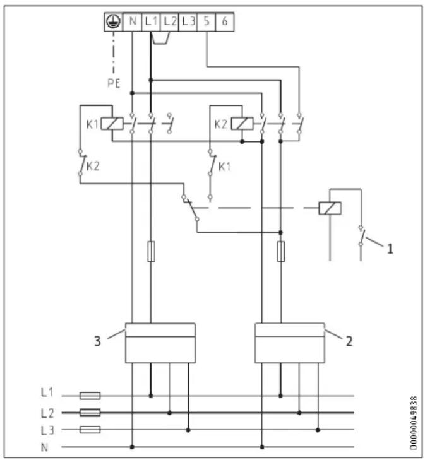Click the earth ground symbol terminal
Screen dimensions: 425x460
tap(113, 21)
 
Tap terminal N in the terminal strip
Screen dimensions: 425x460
tap(132, 21)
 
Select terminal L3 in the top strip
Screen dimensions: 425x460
tap(188, 21)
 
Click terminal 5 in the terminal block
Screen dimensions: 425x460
tap(207, 21)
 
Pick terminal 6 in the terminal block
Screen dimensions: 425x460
tap(225, 21)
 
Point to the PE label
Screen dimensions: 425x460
tap(114, 84)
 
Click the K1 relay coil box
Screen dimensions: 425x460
tap(112, 124)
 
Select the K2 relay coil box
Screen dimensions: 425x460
tap(242, 124)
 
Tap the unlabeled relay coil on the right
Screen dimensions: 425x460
tap(330, 208)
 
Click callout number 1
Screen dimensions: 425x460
tap(390, 249)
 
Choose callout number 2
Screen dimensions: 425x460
tap(349, 341)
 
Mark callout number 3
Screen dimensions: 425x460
tap(97, 341)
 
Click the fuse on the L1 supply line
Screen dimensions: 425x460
tap(90, 396)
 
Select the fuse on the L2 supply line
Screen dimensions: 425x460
tap(90, 413)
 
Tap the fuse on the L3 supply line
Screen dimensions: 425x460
tap(90, 430)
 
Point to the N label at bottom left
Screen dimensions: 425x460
tap(44, 447)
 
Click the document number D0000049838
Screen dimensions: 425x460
tap(414, 423)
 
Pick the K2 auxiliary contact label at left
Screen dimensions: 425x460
tap(93, 167)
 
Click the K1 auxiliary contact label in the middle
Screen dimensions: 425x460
tap(225, 167)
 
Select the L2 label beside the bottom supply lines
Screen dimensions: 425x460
tap(47, 413)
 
